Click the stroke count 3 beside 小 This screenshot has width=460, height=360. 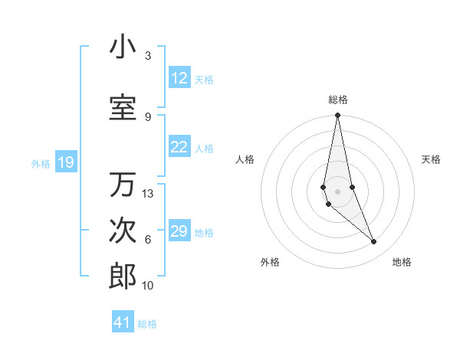tap(147, 56)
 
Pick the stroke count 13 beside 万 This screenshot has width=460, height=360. tap(148, 194)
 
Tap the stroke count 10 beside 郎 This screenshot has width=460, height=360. tap(148, 286)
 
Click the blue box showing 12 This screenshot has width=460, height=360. tap(179, 78)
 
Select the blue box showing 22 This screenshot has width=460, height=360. tap(179, 148)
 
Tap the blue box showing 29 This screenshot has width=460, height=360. tap(179, 231)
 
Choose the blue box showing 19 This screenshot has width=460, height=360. tap(66, 162)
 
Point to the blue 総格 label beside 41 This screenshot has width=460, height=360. tap(147, 324)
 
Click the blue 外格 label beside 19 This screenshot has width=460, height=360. tap(41, 163)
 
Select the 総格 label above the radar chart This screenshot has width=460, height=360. tap(337, 100)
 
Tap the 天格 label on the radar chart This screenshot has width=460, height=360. tap(431, 159)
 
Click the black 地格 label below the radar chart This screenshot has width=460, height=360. tap(402, 262)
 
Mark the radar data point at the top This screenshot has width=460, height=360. tap(337, 116)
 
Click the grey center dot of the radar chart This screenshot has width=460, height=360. tap(337, 191)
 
